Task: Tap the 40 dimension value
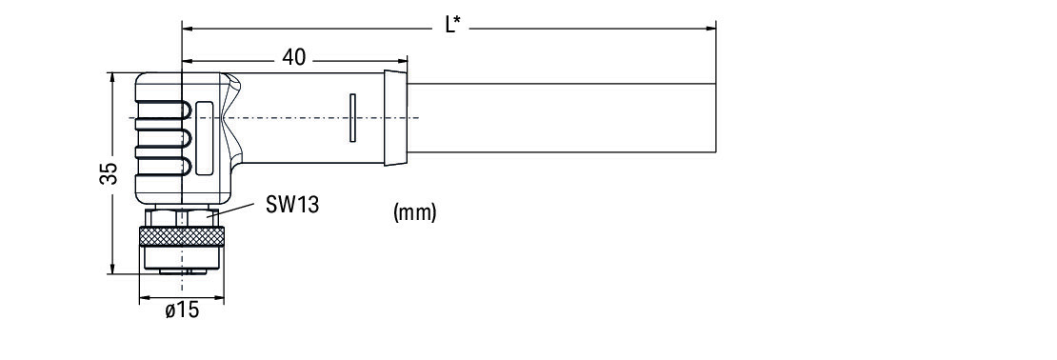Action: pyautogui.click(x=293, y=57)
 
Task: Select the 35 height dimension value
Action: pyautogui.click(x=110, y=173)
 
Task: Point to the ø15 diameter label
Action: pyautogui.click(x=182, y=310)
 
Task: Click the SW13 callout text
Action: pyautogui.click(x=292, y=204)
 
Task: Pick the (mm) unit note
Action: pyautogui.click(x=414, y=212)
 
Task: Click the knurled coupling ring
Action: pyautogui.click(x=182, y=236)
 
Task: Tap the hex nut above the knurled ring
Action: pyautogui.click(x=182, y=218)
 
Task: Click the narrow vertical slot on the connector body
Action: pyautogui.click(x=352, y=118)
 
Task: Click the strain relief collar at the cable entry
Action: pyautogui.click(x=396, y=117)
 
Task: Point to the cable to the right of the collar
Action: pyautogui.click(x=562, y=118)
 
